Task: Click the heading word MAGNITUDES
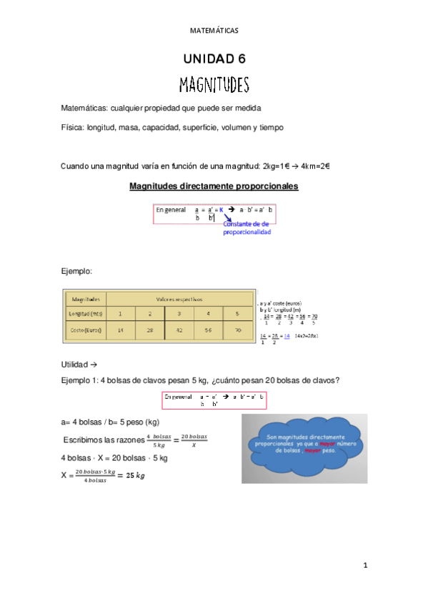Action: (x=214, y=86)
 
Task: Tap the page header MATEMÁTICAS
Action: (x=214, y=31)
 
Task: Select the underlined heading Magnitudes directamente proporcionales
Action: (x=214, y=187)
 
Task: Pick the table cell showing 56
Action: (x=207, y=330)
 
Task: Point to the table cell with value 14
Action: (x=121, y=330)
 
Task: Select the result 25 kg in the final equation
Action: (x=131, y=476)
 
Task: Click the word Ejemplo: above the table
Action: (x=78, y=272)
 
